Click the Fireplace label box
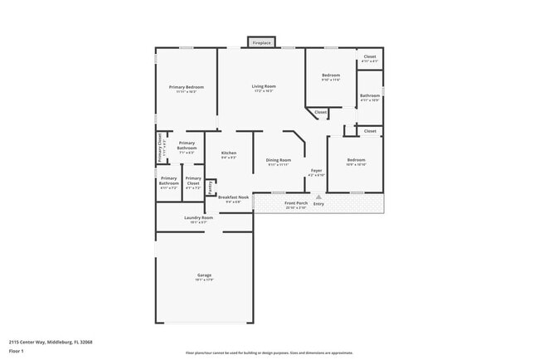tap(262, 41)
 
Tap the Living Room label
tap(265, 86)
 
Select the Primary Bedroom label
tap(187, 88)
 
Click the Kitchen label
tap(229, 154)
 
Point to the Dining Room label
tap(279, 161)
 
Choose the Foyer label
tap(317, 172)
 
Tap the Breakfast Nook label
tap(234, 198)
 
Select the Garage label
tap(204, 276)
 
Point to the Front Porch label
tap(296, 204)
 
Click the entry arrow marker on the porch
tap(318, 197)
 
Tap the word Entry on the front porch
tap(318, 204)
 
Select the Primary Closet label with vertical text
tap(162, 149)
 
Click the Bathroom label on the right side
tap(370, 96)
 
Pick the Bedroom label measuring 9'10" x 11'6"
tap(331, 76)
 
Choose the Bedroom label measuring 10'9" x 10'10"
tap(356, 161)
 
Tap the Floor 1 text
tap(17, 351)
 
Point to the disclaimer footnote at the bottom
tap(269, 353)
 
